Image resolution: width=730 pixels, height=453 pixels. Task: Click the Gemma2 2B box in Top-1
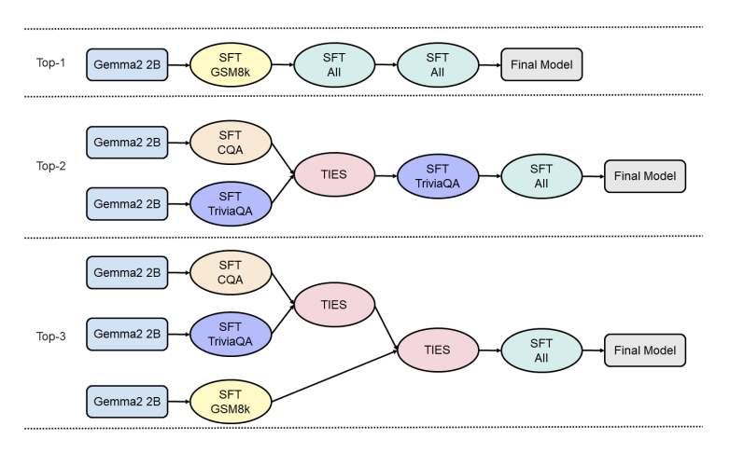(127, 64)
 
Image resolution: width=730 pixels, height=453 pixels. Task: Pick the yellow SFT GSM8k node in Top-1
(231, 64)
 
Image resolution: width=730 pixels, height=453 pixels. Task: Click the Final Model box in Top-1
(541, 64)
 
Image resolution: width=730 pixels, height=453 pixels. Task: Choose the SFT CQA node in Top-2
(231, 142)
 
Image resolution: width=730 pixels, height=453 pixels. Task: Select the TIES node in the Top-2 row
(334, 174)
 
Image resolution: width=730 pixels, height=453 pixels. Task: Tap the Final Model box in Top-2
(645, 174)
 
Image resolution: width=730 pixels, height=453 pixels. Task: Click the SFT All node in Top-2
(541, 174)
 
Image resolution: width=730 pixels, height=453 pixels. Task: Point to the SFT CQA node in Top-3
(231, 272)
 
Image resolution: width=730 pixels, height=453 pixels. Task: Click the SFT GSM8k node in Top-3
(231, 402)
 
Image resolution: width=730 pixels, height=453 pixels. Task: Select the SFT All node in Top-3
(541, 350)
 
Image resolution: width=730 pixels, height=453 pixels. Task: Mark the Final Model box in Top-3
(645, 350)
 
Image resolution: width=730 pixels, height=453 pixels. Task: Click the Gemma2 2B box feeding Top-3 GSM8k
(127, 402)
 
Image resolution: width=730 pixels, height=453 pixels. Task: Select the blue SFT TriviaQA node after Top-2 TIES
(437, 174)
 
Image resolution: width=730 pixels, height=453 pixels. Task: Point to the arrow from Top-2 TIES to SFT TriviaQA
(386, 174)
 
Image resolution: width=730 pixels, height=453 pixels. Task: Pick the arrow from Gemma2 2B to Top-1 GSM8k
(179, 64)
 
